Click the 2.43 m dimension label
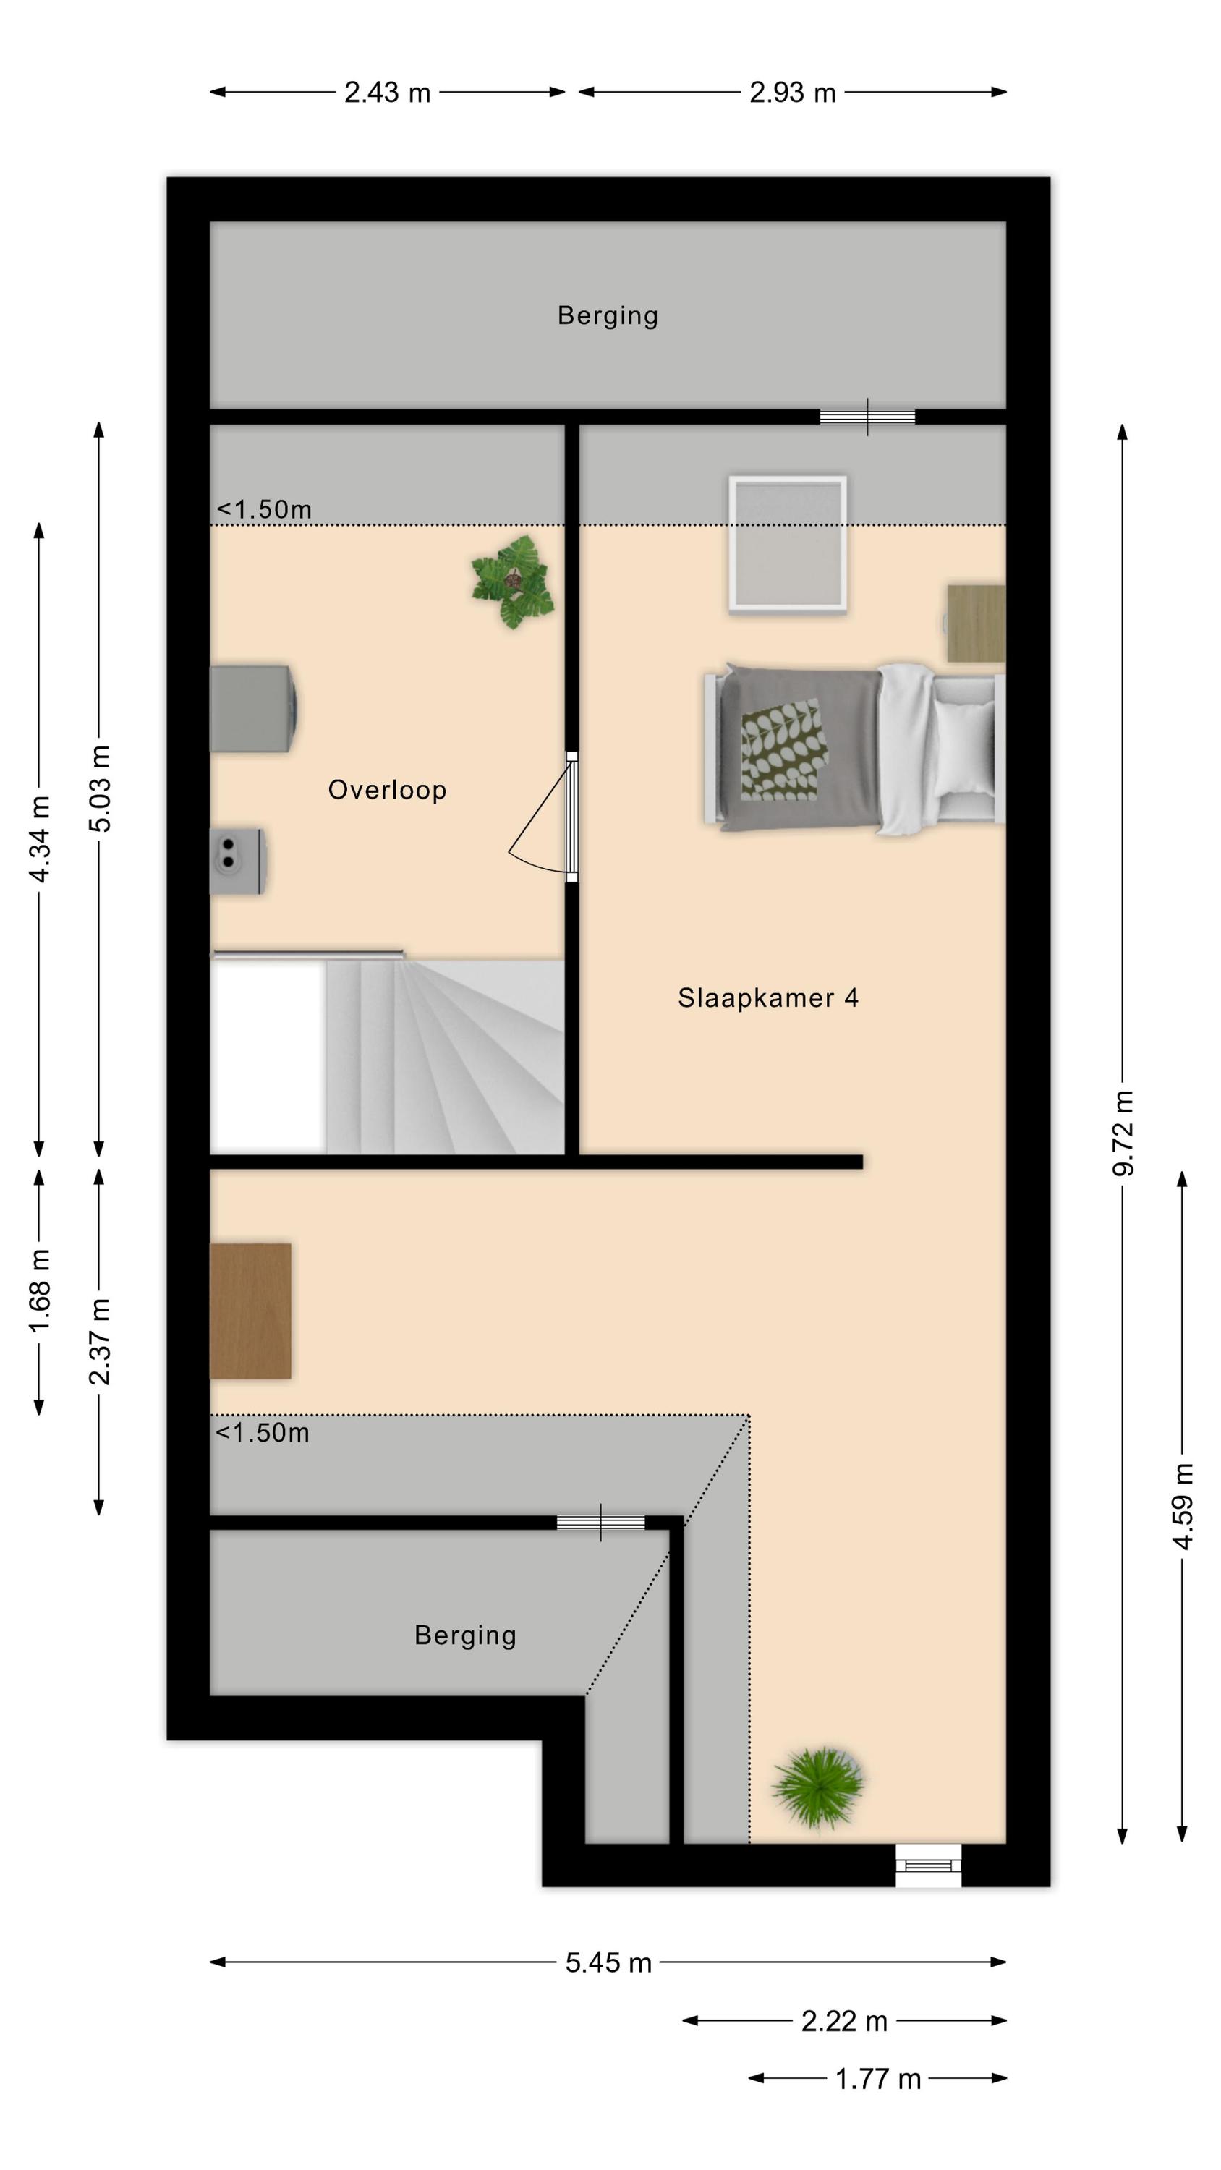387,93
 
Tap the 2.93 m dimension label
792,93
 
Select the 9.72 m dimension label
1123,1132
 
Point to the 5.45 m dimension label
608,1963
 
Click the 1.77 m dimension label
877,2079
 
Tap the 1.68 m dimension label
39,1290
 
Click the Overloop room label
387,790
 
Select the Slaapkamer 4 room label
767,998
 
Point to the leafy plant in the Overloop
512,582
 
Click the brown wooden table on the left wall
250,1311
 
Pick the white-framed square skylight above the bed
788,543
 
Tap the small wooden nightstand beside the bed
976,624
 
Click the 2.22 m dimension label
844,2021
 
